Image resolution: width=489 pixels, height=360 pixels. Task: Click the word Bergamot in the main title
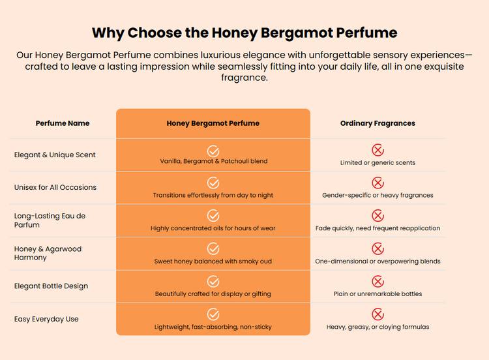[x=297, y=33]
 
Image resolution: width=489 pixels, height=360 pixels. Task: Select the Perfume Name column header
[x=63, y=123]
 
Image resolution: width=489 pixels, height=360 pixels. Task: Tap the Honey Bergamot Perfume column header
[x=213, y=123]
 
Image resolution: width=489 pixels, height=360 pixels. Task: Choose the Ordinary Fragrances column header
[x=378, y=123]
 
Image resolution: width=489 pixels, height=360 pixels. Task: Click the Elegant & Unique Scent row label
[x=55, y=155]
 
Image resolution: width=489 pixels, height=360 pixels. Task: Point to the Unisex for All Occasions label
[x=55, y=187]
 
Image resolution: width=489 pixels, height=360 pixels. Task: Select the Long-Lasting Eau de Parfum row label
[x=50, y=220]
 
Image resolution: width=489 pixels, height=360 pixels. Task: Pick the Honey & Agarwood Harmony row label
[x=48, y=253]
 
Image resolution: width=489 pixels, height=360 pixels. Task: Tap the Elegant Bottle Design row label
[x=51, y=286]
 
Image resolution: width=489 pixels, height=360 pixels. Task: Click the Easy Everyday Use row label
[x=46, y=319]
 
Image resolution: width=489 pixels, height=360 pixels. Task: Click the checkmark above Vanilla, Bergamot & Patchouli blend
[x=213, y=151]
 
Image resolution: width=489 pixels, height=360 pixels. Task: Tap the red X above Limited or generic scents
[x=378, y=150]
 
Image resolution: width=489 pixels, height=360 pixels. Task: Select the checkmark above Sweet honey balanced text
[x=213, y=248]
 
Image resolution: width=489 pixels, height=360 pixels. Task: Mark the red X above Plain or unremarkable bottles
[x=378, y=281]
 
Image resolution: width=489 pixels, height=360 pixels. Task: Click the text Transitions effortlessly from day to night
[x=213, y=195]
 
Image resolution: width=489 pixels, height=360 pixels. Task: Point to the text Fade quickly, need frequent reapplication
[x=378, y=228]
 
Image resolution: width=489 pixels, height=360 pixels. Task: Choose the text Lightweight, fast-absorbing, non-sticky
[x=213, y=327]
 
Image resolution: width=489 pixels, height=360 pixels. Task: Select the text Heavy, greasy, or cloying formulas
[x=378, y=327]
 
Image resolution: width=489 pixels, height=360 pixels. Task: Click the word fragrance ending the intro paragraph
[x=244, y=78]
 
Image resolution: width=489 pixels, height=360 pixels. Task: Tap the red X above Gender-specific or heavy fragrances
[x=378, y=183]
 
